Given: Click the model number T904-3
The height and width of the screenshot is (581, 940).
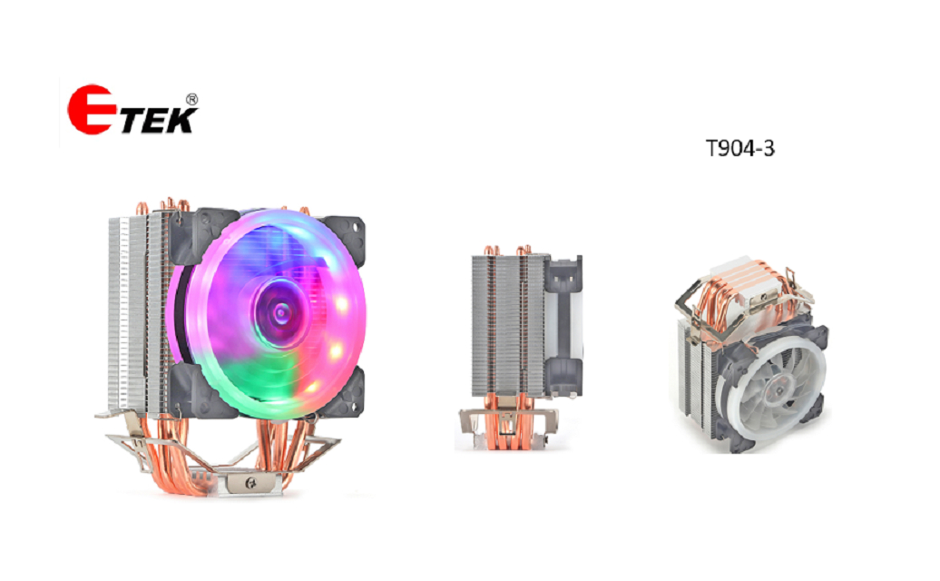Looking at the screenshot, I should [740, 150].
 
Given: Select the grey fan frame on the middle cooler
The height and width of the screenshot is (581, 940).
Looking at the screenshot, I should [565, 327].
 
